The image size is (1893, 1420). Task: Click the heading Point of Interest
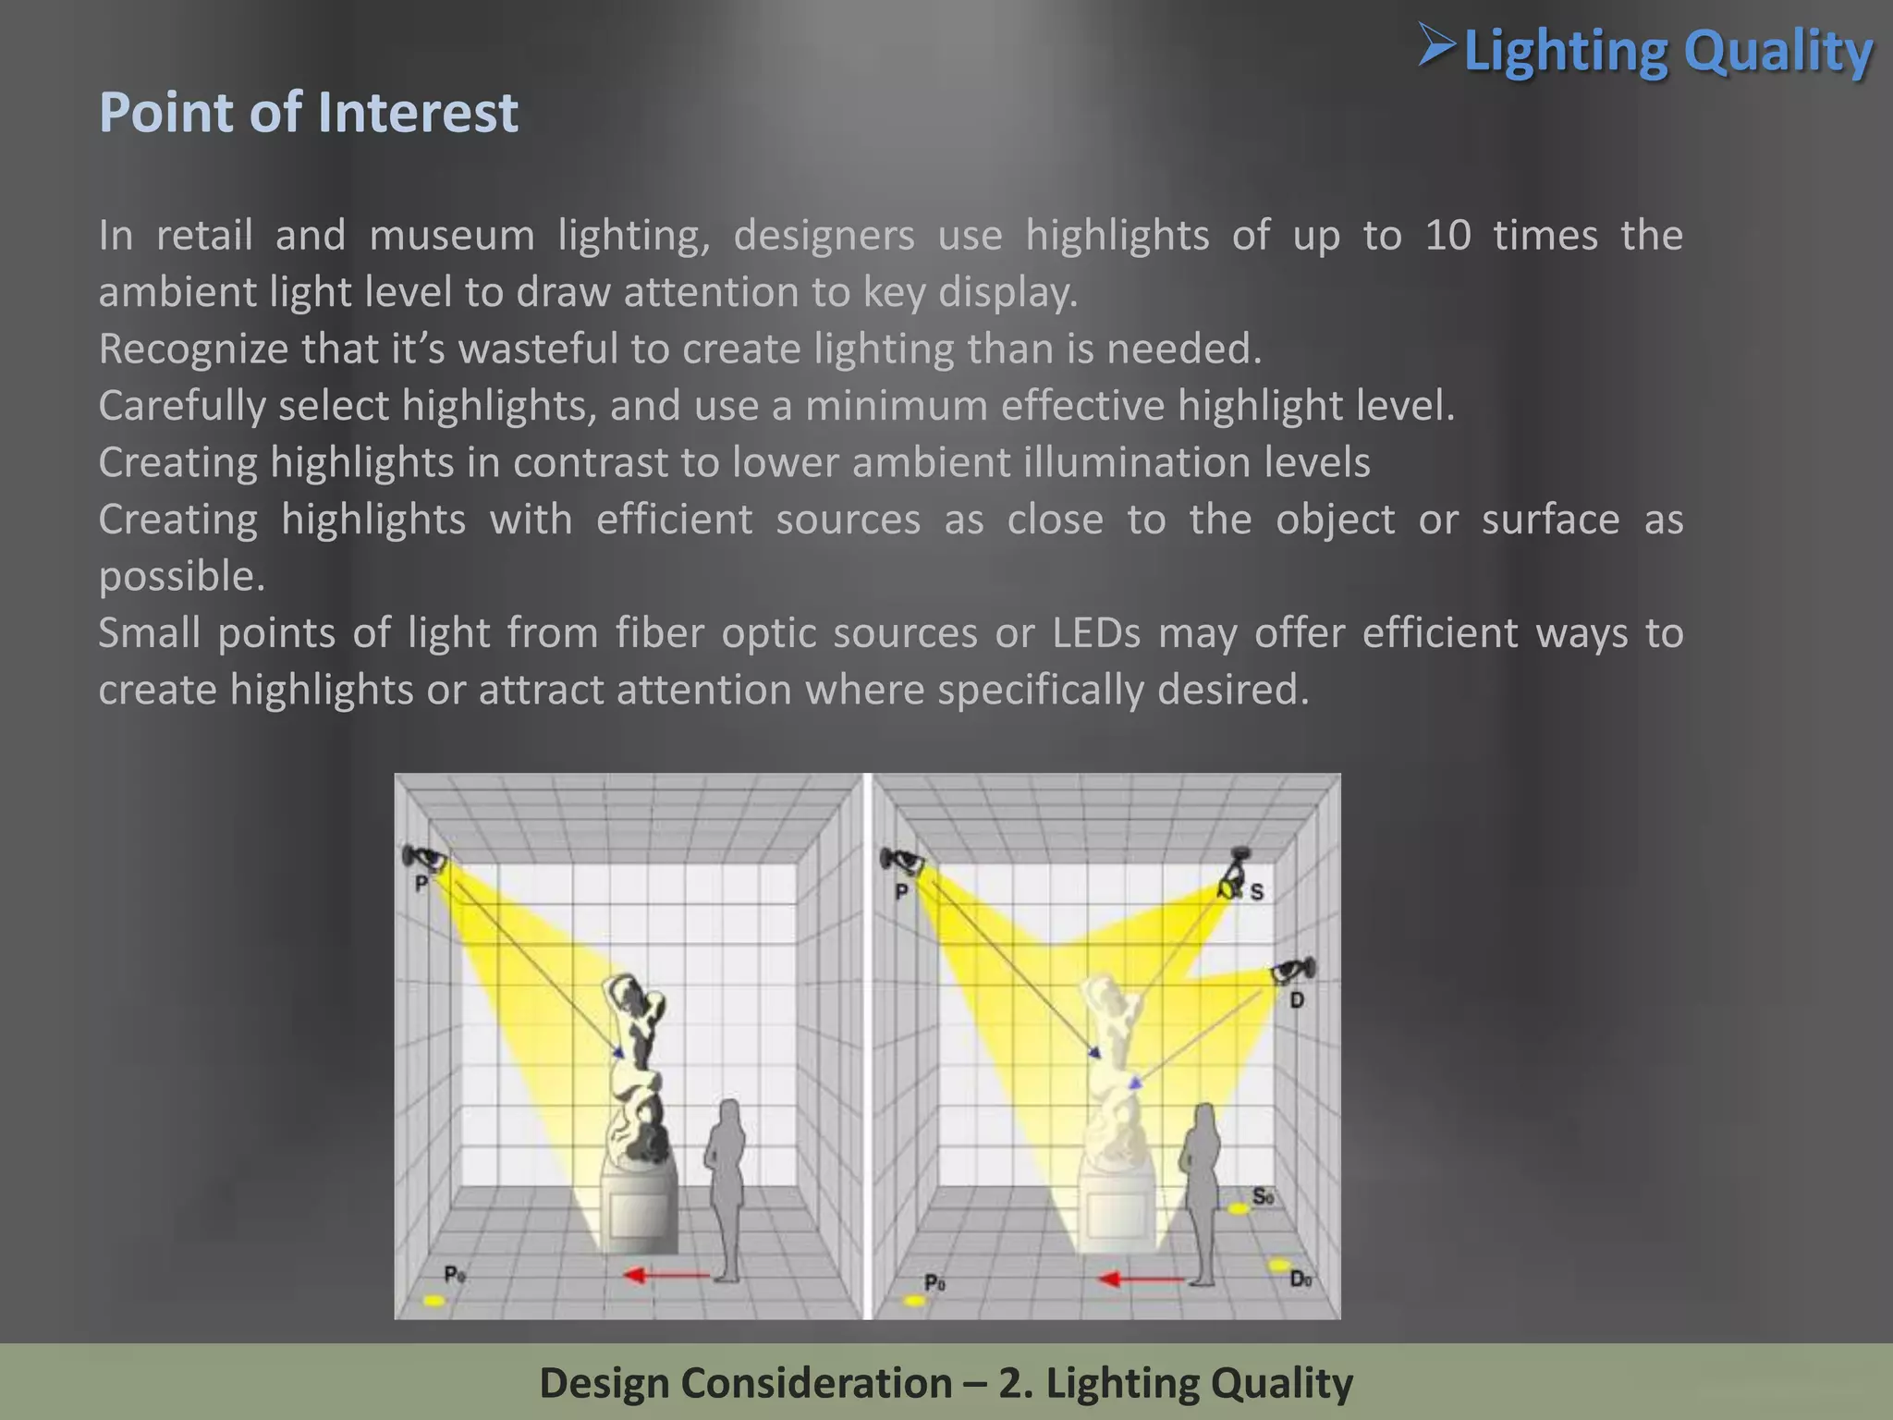[x=308, y=113]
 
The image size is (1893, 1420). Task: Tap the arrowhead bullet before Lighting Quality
[x=1437, y=46]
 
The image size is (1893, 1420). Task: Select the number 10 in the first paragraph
[x=1447, y=235]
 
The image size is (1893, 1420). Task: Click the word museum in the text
[x=451, y=235]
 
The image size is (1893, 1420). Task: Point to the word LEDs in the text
[x=1095, y=633]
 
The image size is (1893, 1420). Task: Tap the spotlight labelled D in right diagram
[x=1291, y=972]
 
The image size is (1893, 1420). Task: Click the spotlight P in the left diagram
[x=423, y=858]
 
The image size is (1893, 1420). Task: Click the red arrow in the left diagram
[x=666, y=1276]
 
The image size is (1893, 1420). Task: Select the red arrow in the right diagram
[x=1140, y=1279]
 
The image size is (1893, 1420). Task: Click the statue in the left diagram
[x=636, y=1063]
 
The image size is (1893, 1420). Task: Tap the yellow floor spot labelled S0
[x=1238, y=1208]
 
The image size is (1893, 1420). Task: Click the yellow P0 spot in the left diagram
[x=434, y=1301]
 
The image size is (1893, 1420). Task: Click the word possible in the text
[x=182, y=577]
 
